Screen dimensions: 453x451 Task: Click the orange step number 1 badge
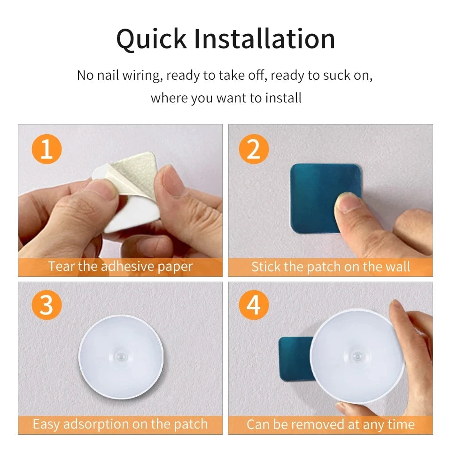[47, 150]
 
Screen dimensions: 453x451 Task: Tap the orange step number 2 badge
[253, 150]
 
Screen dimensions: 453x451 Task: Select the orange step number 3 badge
[47, 306]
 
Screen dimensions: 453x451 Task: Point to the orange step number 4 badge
[253, 306]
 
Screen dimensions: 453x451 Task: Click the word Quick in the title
[151, 39]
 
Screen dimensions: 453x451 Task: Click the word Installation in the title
[264, 39]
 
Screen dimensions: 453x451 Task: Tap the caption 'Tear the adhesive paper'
[120, 267]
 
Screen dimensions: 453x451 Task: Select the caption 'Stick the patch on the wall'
[330, 267]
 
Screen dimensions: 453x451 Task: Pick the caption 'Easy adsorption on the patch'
[120, 424]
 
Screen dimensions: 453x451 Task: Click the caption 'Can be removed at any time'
[330, 424]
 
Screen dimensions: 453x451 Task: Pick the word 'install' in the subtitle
[283, 98]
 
